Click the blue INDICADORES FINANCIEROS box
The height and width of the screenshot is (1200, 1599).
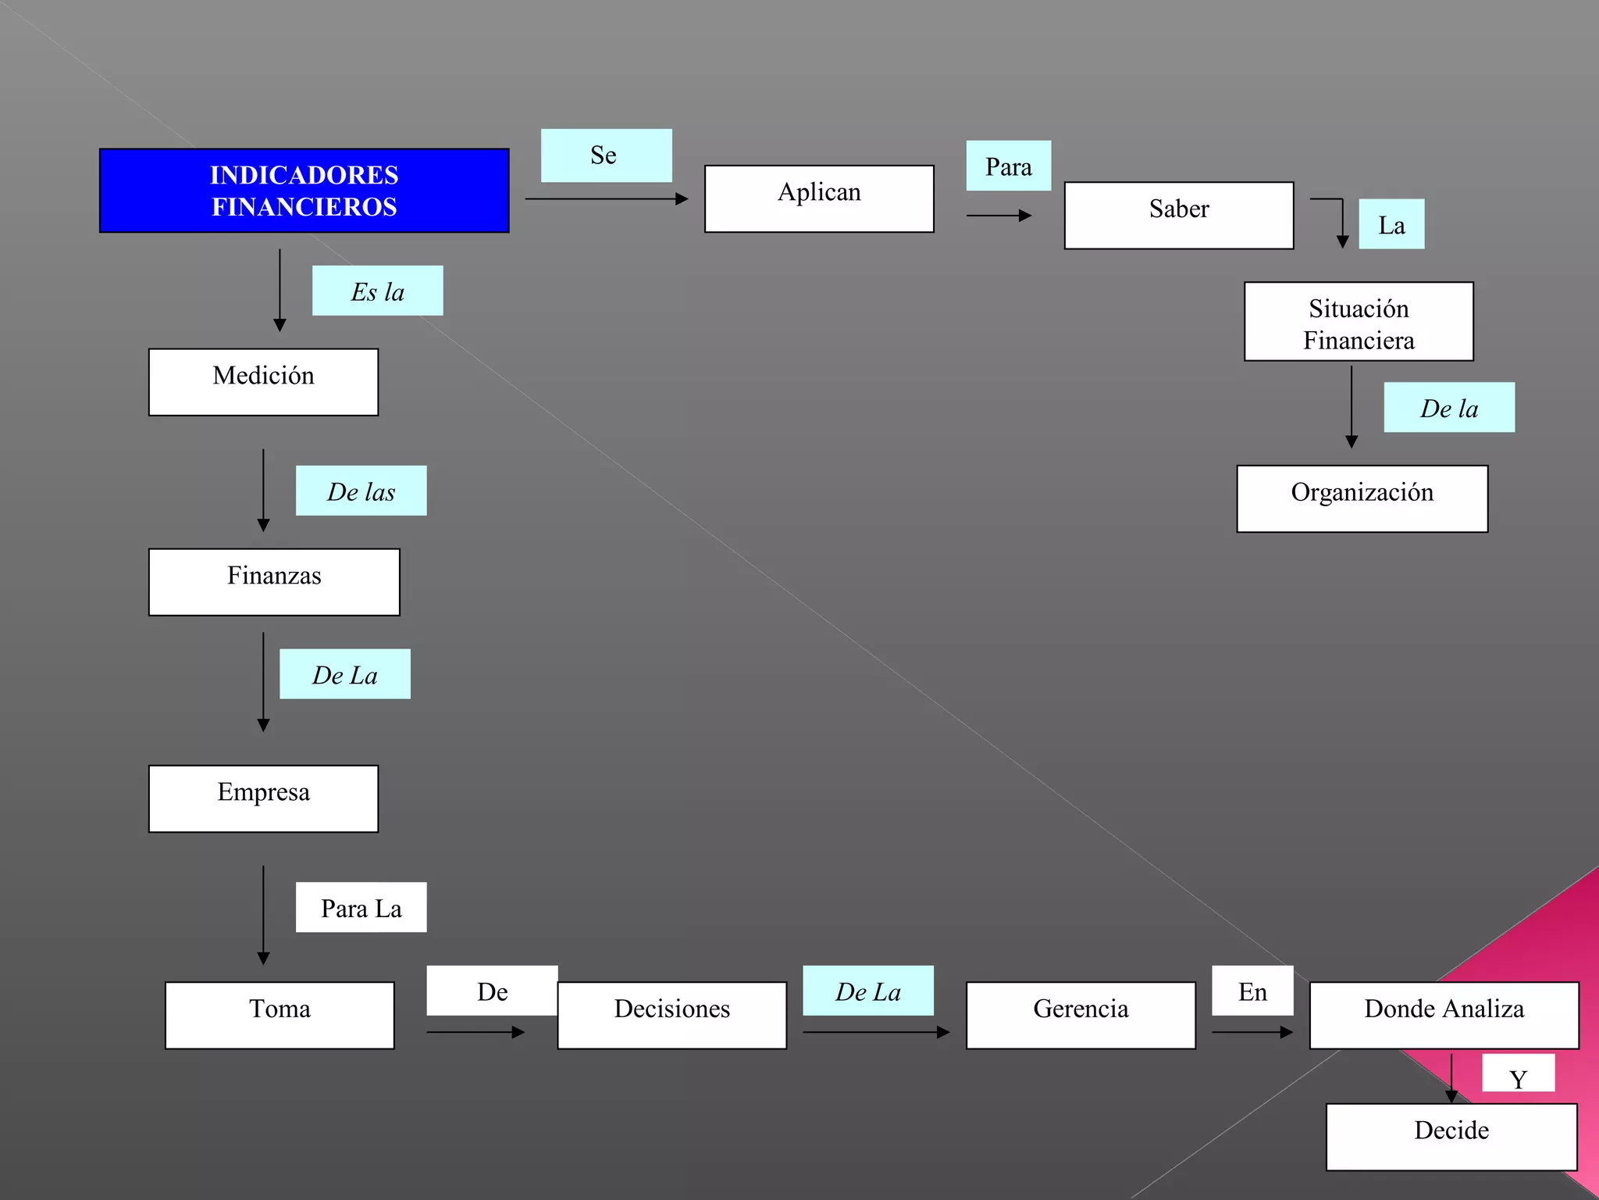[x=304, y=191]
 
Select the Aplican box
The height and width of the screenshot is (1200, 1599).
[x=819, y=198]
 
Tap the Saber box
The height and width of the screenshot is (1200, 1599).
[x=1178, y=215]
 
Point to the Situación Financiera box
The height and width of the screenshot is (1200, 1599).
[x=1359, y=321]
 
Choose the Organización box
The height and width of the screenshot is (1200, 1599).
[x=1362, y=498]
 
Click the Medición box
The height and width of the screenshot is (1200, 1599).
[x=263, y=382]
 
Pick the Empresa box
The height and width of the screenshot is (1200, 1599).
[x=263, y=798]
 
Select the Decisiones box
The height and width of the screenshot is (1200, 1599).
[x=671, y=1015]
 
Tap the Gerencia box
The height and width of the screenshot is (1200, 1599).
[x=1081, y=1015]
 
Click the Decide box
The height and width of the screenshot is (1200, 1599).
[x=1451, y=1137]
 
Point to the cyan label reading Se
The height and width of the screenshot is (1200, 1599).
[x=606, y=155]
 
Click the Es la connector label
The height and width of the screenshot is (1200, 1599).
[x=377, y=291]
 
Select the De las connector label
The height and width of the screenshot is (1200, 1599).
[x=361, y=491]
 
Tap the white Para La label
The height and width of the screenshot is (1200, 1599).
[x=361, y=907]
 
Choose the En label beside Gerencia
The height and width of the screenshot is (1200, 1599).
[x=1252, y=991]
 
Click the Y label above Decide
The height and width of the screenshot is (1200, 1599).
[x=1518, y=1074]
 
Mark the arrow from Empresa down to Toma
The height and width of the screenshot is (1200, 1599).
[x=263, y=914]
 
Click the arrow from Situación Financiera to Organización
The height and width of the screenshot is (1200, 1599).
[x=1351, y=406]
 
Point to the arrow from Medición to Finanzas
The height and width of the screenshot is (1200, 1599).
[x=263, y=490]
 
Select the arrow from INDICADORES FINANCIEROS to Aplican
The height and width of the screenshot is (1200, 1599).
[x=606, y=198]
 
